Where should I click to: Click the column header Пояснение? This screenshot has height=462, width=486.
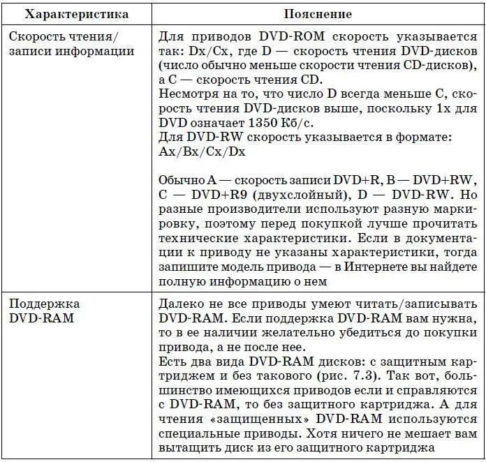click(317, 13)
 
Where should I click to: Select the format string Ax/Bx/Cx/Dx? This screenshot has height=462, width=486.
click(202, 151)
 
